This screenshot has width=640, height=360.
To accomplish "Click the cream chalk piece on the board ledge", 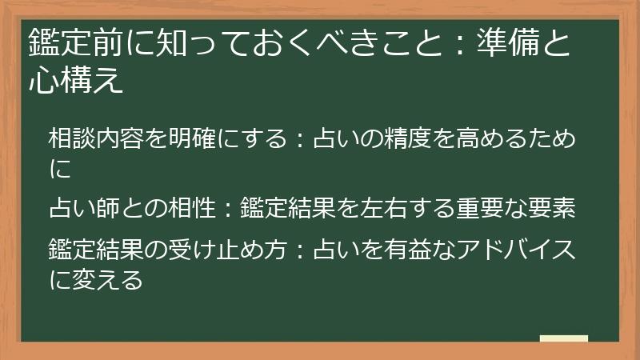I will [563, 339].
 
